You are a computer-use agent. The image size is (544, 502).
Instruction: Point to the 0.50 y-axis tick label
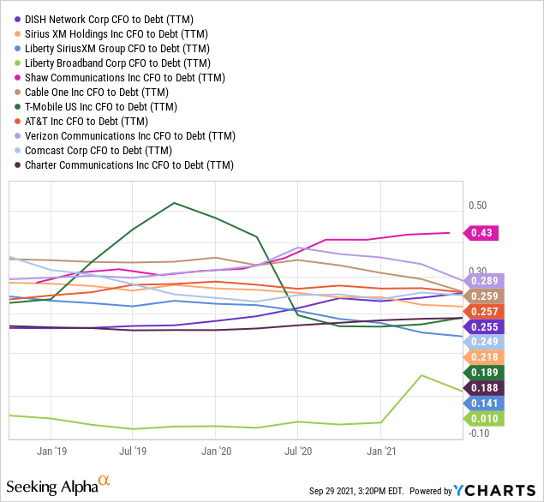point(477,206)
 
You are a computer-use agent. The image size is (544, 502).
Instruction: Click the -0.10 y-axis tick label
point(477,433)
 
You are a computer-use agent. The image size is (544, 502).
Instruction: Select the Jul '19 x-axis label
point(132,449)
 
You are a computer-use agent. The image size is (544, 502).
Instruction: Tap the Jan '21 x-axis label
point(380,449)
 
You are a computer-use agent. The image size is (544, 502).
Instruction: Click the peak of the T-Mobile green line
point(174,203)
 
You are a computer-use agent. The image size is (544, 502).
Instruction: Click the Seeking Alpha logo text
point(55,487)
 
